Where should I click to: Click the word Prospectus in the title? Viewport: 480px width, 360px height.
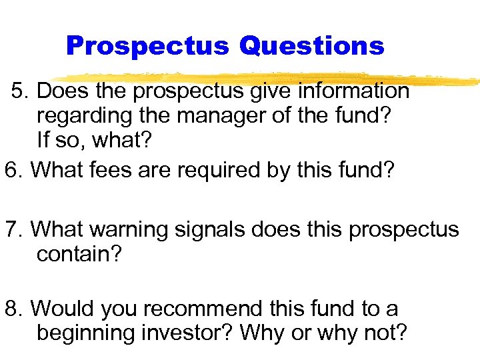(147, 46)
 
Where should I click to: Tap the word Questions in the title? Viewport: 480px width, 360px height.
(311, 46)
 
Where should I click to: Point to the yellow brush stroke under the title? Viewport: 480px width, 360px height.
(267, 79)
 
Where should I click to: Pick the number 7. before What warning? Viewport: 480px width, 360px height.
(14, 229)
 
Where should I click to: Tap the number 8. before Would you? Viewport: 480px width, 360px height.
(14, 309)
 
